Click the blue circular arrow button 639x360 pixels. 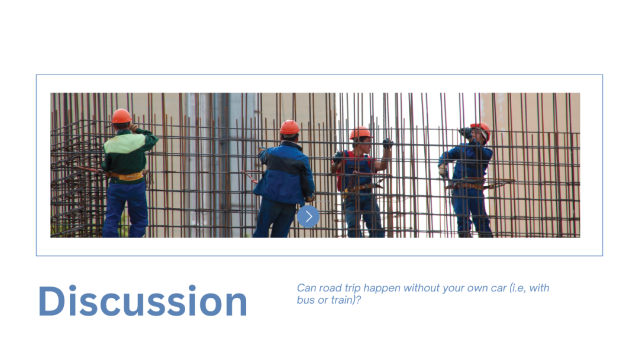[308, 217]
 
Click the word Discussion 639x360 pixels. [143, 301]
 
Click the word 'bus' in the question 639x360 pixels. [306, 300]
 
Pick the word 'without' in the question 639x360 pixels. [422, 288]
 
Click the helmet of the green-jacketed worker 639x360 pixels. [121, 116]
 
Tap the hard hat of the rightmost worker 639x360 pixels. [482, 129]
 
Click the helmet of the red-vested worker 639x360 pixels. [360, 133]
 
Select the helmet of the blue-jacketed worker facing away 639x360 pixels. [290, 127]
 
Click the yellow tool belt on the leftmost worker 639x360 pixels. [127, 176]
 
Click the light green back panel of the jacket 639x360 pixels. [124, 143]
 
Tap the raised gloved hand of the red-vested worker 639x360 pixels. [388, 143]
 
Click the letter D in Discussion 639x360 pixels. [51, 301]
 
